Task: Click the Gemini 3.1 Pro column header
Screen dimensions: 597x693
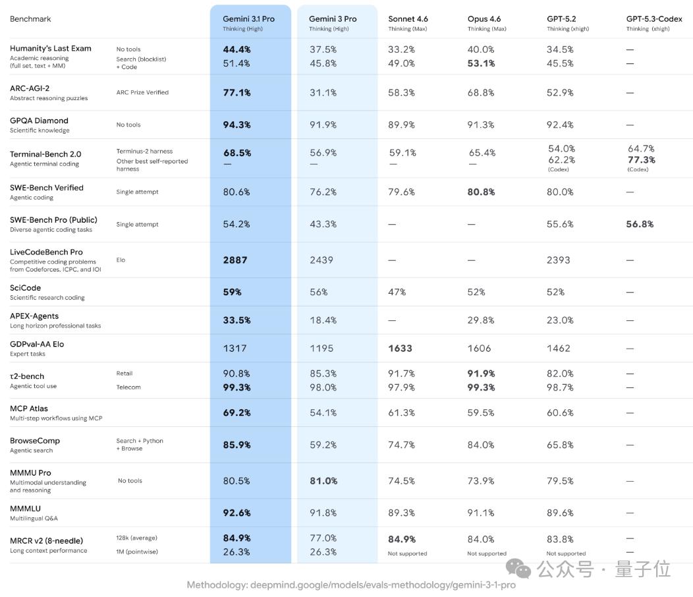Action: (248, 19)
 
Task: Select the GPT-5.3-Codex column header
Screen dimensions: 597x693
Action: (653, 19)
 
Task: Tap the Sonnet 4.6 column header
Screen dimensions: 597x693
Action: (408, 19)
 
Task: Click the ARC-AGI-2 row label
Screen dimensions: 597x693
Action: (30, 88)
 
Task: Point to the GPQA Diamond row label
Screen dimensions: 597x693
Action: (39, 121)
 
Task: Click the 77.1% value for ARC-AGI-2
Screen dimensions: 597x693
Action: (236, 93)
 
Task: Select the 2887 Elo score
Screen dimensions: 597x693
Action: (235, 260)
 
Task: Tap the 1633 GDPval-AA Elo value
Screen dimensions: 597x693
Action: (400, 349)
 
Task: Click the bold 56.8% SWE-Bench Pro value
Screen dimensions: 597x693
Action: (640, 225)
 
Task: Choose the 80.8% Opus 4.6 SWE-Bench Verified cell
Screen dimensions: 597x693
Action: (482, 192)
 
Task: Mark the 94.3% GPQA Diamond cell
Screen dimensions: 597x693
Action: (236, 125)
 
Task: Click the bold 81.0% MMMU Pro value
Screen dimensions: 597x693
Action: (323, 481)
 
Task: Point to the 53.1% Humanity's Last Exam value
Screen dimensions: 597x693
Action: (481, 64)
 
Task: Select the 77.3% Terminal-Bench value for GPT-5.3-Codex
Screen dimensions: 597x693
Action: (641, 160)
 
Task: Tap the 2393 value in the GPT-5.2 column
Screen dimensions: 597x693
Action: (558, 260)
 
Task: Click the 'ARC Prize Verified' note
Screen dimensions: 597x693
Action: (142, 92)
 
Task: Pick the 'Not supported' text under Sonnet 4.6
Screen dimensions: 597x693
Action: (407, 554)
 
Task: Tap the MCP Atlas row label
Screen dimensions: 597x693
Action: (29, 409)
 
